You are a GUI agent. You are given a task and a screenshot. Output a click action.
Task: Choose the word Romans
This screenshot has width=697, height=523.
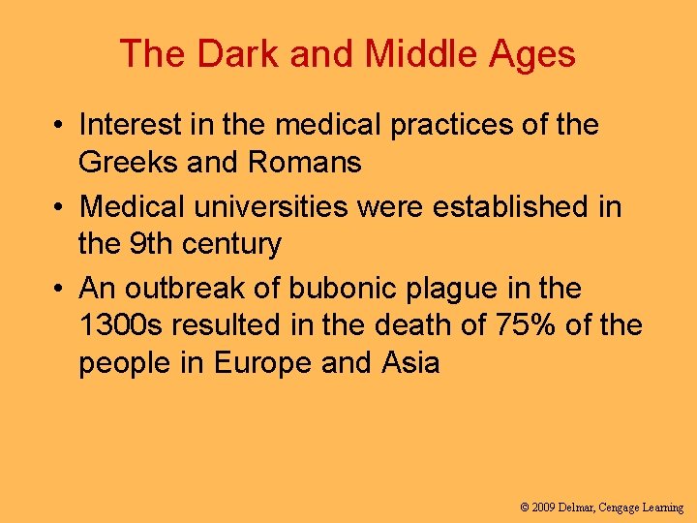pyautogui.click(x=305, y=162)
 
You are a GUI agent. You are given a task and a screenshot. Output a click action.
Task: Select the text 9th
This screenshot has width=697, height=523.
pyautogui.click(x=153, y=244)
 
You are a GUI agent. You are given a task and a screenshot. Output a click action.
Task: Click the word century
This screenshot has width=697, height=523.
pyautogui.click(x=233, y=244)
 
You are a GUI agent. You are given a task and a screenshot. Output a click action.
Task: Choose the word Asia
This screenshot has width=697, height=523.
pyautogui.click(x=410, y=363)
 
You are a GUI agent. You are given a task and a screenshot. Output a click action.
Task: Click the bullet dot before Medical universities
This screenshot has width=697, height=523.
pyautogui.click(x=60, y=207)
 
